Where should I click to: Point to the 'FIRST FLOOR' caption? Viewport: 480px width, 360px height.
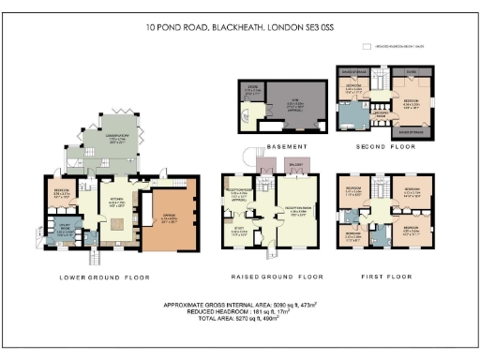[x=386, y=277]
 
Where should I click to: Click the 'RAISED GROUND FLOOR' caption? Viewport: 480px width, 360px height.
[x=277, y=277]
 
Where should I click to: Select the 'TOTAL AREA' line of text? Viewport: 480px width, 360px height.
[x=239, y=322]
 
